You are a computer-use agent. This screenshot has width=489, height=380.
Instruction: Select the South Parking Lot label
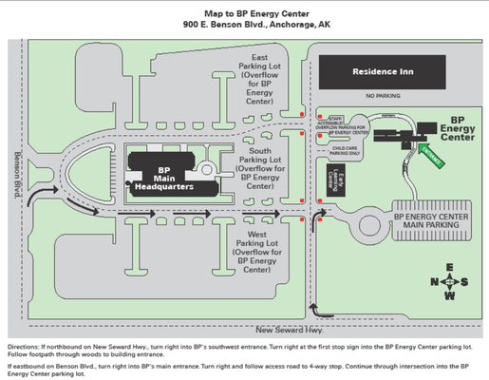(x=259, y=168)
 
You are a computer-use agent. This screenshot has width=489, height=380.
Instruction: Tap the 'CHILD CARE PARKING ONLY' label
(x=347, y=150)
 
